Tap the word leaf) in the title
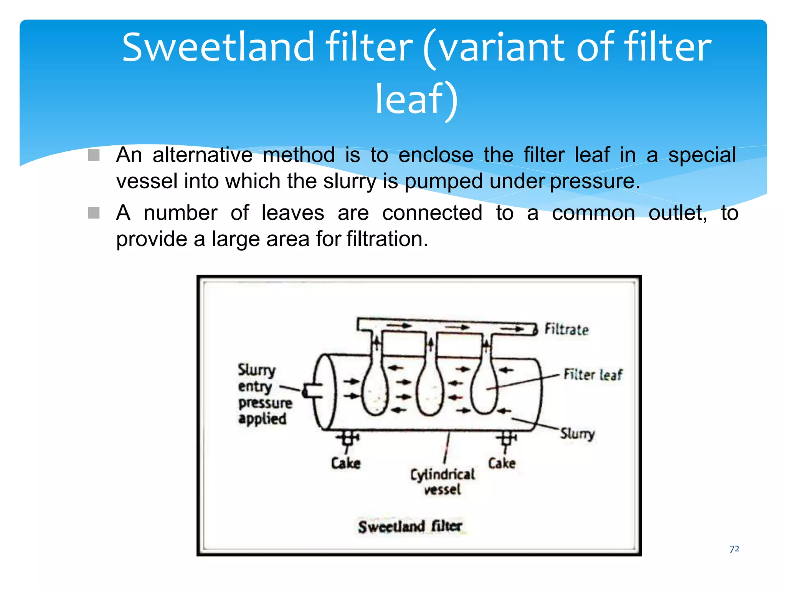pos(416,100)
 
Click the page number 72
pos(734,549)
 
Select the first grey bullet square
pos(94,155)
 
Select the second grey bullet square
pos(94,213)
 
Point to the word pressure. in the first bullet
pos(595,181)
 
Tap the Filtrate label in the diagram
pos(566,329)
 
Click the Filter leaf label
pos(593,375)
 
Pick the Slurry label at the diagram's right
pos(577,433)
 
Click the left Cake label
pos(346,463)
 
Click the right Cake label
pos(502,463)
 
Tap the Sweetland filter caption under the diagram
pos(410,526)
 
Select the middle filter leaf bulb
pos(430,393)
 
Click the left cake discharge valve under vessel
pos(348,438)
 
